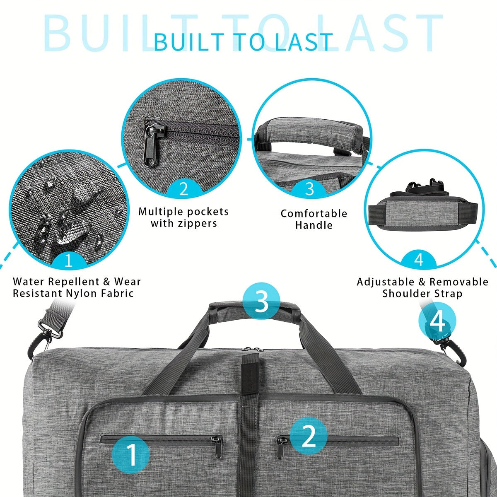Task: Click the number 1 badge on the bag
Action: point(131,455)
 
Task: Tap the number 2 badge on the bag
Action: point(309,436)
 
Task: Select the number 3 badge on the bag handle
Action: point(262,301)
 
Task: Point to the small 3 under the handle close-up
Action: point(310,188)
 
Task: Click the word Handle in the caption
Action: point(314,225)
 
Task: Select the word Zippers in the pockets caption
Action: point(200,224)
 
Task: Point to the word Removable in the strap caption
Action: point(458,282)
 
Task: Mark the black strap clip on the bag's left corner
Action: point(47,333)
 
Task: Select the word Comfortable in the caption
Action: point(314,214)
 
